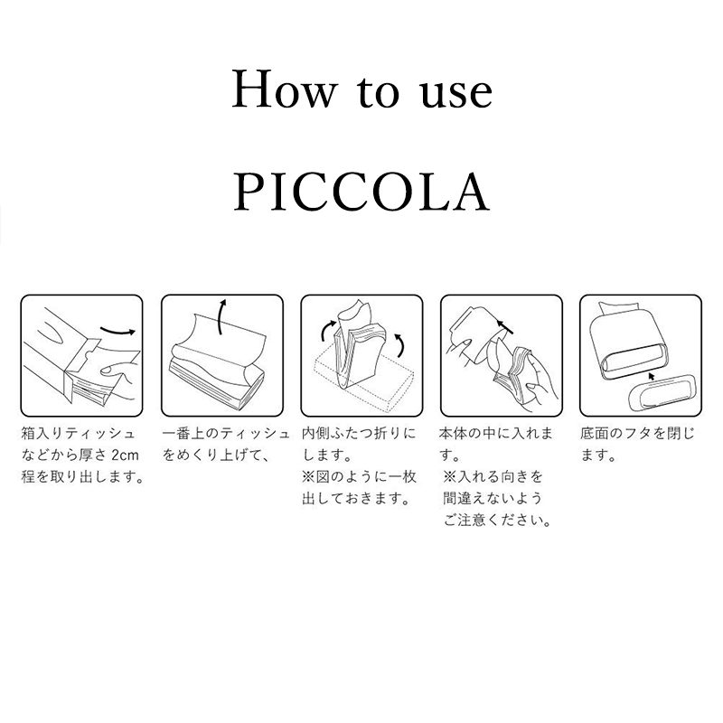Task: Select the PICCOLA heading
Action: (361, 191)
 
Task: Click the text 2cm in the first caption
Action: (126, 455)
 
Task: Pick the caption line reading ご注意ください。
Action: (498, 520)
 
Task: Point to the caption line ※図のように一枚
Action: (356, 476)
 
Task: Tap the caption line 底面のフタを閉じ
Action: (637, 433)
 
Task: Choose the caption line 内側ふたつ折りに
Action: (359, 433)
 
